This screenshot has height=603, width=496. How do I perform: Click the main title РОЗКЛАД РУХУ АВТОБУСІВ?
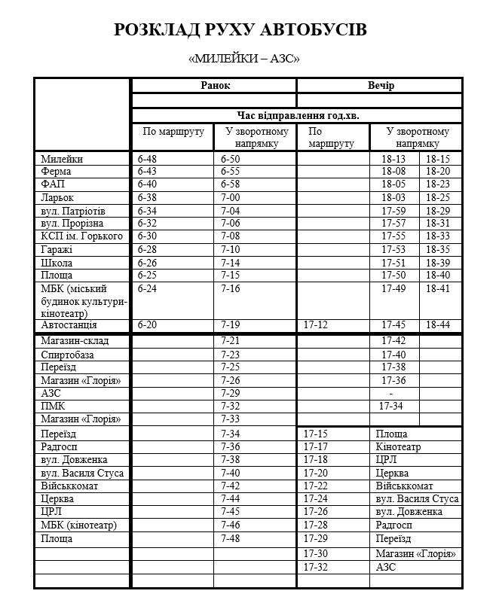(x=240, y=30)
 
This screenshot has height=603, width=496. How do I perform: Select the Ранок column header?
(x=215, y=86)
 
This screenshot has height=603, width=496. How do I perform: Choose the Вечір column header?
(x=380, y=86)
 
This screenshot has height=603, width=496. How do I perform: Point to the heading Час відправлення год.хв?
(x=298, y=116)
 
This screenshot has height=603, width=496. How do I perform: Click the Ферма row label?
(x=57, y=172)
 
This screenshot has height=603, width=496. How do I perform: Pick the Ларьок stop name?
(x=58, y=197)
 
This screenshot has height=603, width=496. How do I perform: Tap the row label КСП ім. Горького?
(x=81, y=236)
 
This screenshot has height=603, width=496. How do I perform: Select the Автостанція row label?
(x=69, y=325)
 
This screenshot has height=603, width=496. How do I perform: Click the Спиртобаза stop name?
(x=68, y=355)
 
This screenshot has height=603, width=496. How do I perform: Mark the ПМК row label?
(x=53, y=406)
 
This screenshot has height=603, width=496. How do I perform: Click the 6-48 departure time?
(x=148, y=159)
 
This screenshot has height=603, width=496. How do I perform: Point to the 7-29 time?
(x=231, y=393)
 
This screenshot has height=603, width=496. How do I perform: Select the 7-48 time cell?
(x=231, y=538)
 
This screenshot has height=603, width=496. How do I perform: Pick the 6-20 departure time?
(x=148, y=325)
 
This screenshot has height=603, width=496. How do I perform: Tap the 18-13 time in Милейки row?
(x=393, y=159)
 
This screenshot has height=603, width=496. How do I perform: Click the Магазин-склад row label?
(x=75, y=341)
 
